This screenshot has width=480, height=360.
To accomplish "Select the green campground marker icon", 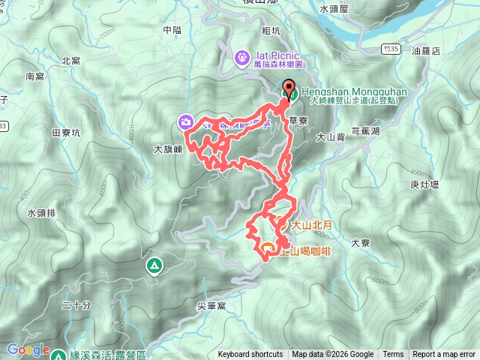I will (x=154, y=265).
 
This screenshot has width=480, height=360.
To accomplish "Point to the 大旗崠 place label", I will (x=168, y=149).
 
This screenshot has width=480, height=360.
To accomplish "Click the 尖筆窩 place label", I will (x=211, y=307).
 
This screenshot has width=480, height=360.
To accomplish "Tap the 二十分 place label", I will (x=76, y=304).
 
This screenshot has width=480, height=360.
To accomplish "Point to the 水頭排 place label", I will (x=42, y=213).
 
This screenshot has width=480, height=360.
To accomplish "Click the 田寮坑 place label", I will (x=66, y=132).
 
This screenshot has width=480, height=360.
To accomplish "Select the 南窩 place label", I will (x=35, y=76).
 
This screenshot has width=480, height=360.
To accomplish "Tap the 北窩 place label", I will (x=70, y=61).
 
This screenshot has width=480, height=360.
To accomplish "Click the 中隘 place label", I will (x=172, y=30).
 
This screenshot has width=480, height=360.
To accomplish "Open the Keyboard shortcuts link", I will (x=250, y=355).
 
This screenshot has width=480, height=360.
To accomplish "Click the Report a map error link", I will (x=444, y=355).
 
